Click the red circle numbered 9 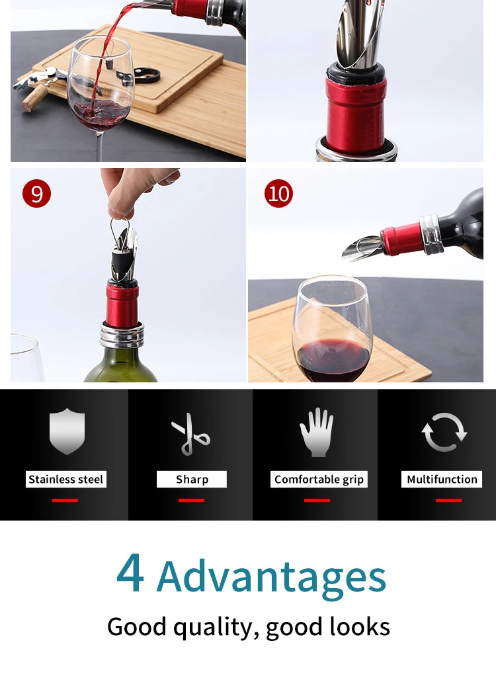[37, 193]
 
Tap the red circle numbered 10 [278, 193]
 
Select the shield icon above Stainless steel [67, 431]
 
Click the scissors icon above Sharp [190, 434]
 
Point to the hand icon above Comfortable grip [317, 432]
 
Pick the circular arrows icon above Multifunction [444, 432]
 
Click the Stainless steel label [65, 479]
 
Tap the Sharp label [192, 479]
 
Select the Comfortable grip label [319, 479]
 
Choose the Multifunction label [442, 479]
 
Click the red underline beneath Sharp [191, 500]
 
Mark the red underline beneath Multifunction [448, 500]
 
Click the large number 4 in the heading [130, 572]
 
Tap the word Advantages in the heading [271, 577]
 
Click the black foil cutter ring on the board [143, 76]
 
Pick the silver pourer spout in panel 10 [362, 248]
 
